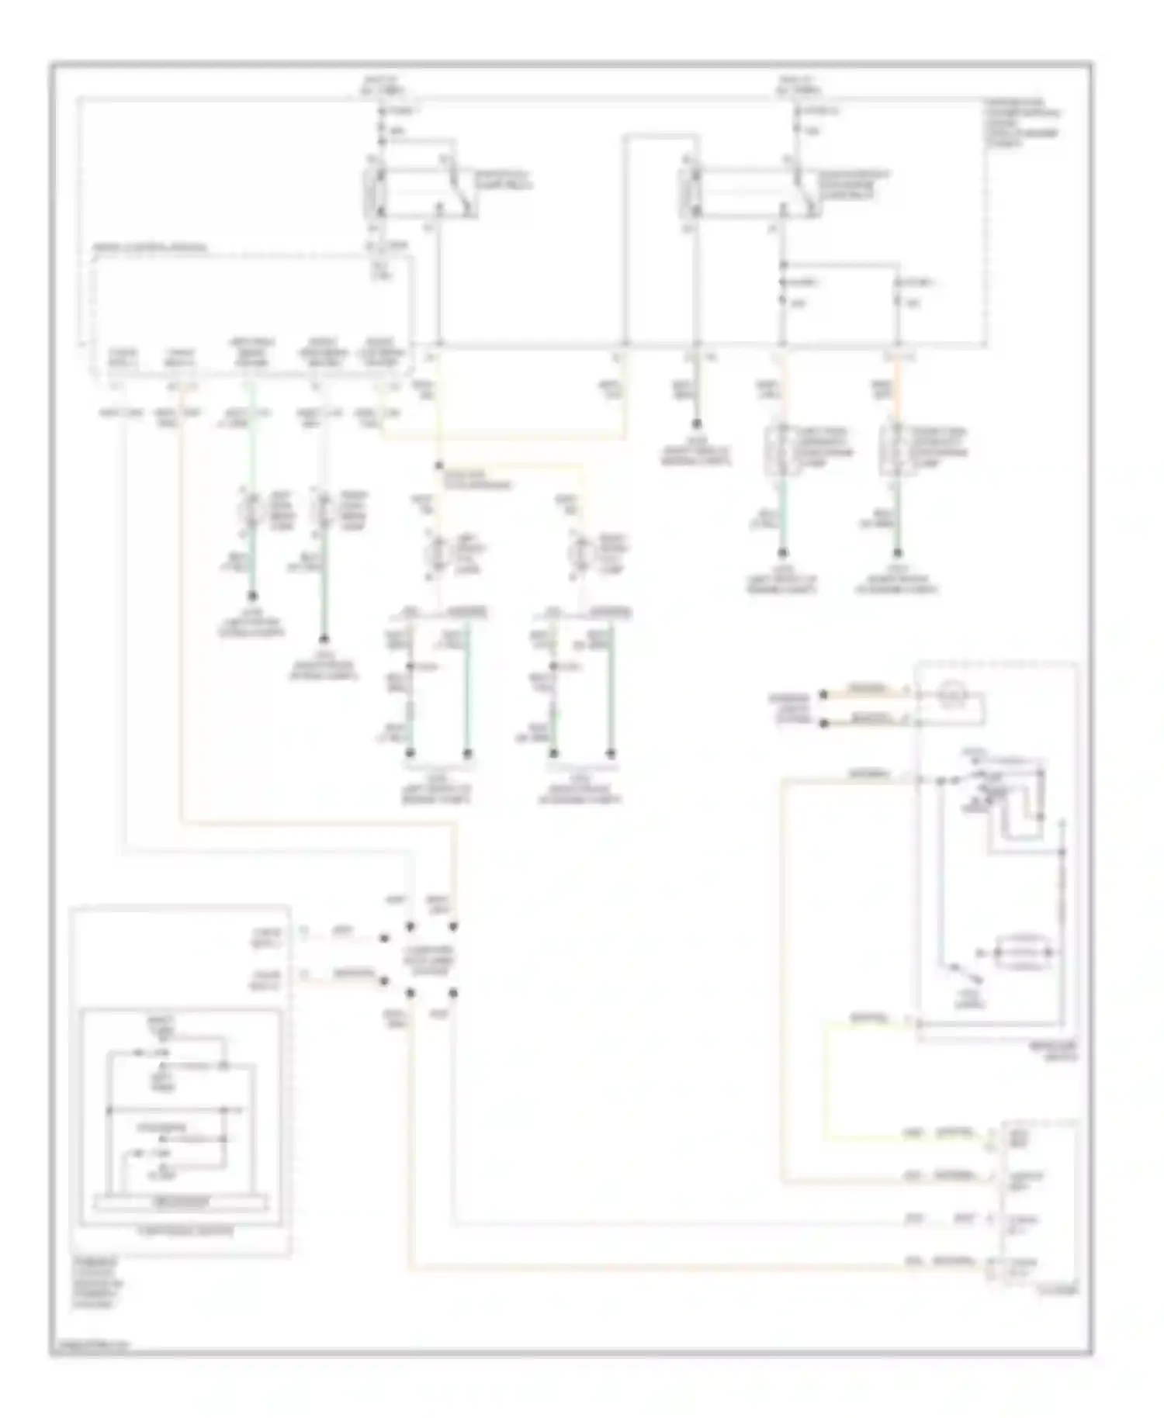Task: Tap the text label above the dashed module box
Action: click(151, 248)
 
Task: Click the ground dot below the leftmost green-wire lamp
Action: click(251, 597)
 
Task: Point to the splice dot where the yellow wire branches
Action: click(439, 465)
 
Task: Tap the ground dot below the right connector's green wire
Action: click(898, 553)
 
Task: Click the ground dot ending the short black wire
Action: click(697, 424)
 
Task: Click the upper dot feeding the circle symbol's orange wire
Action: click(825, 693)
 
